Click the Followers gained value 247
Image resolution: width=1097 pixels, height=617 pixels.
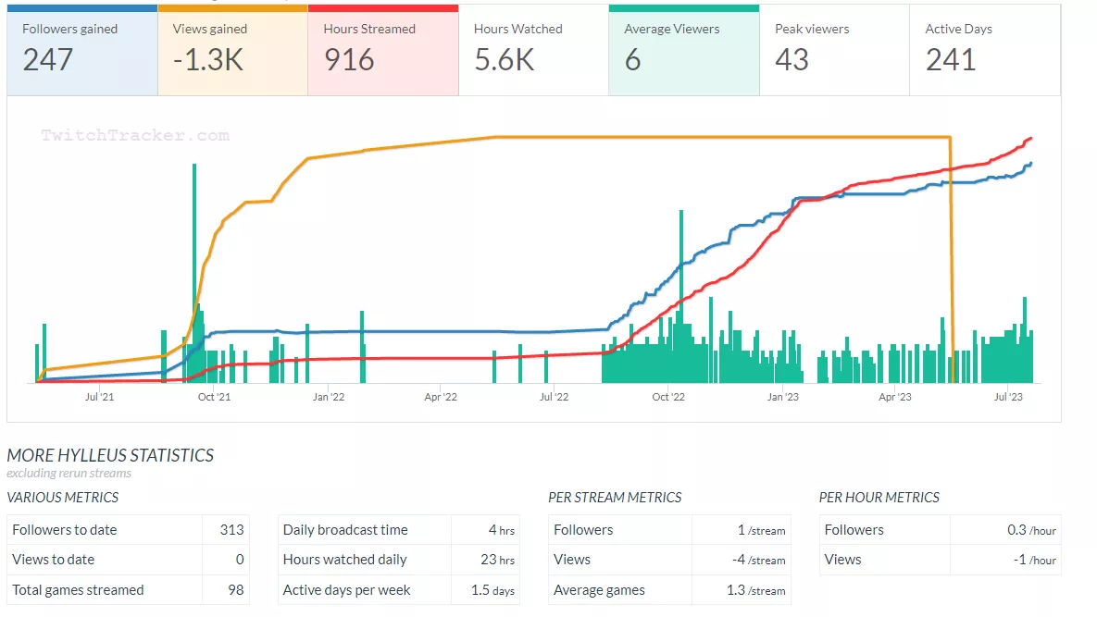click(48, 60)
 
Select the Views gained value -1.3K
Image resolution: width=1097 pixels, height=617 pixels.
click(208, 60)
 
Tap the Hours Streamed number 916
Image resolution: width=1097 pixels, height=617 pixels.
click(349, 60)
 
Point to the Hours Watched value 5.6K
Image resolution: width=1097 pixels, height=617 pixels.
click(505, 60)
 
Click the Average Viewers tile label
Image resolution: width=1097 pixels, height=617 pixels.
click(671, 29)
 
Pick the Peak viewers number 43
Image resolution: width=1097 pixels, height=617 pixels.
click(792, 60)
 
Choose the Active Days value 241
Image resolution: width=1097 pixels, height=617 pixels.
click(951, 60)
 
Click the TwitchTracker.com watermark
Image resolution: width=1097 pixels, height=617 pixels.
click(135, 135)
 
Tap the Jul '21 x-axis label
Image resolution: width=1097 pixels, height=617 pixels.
click(99, 397)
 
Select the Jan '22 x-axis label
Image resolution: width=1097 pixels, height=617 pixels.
click(329, 397)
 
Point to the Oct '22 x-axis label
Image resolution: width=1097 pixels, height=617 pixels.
click(667, 397)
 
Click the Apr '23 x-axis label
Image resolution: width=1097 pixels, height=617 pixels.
click(894, 397)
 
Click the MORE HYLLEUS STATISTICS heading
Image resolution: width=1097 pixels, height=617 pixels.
click(110, 455)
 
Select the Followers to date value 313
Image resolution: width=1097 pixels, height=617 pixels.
click(231, 530)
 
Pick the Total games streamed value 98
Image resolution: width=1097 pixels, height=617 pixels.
click(236, 590)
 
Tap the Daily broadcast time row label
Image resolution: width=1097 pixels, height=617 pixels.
click(345, 530)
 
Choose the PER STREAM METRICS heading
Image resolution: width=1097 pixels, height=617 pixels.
click(615, 498)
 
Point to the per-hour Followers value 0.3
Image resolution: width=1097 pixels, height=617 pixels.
click(1016, 530)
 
